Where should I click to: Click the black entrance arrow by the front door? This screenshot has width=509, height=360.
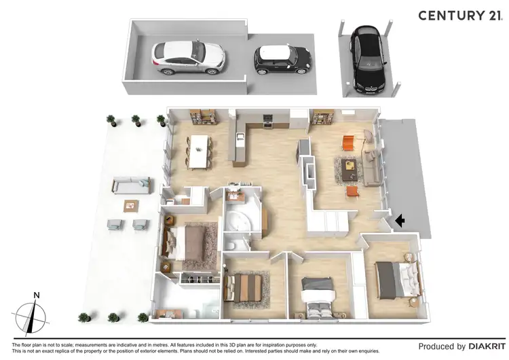pyautogui.click(x=400, y=220)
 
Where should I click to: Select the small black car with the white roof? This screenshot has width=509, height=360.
pyautogui.click(x=283, y=60)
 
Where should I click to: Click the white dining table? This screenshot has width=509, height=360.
pyautogui.click(x=200, y=150)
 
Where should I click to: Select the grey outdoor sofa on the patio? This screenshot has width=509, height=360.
pyautogui.click(x=132, y=184)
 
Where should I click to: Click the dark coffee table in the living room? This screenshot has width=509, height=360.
pyautogui.click(x=351, y=167)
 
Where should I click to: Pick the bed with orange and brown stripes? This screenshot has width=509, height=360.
pyautogui.click(x=245, y=285)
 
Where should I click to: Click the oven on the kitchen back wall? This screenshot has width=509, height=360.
pyautogui.click(x=267, y=121)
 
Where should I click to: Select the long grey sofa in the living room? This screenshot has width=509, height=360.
pyautogui.click(x=372, y=163)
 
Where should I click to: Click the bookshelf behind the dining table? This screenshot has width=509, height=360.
pyautogui.click(x=203, y=118)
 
